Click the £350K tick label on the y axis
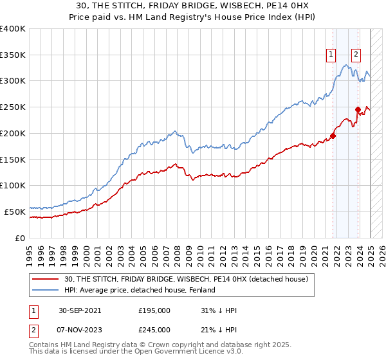[13, 55]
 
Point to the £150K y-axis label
[13, 159]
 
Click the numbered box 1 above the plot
[331, 55]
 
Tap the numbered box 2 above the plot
[356, 55]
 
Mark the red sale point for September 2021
[333, 136]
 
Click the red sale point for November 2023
[358, 109]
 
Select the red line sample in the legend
[45, 279]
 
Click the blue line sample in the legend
[45, 290]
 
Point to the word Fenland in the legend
[201, 290]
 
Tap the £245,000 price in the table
[154, 329]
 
